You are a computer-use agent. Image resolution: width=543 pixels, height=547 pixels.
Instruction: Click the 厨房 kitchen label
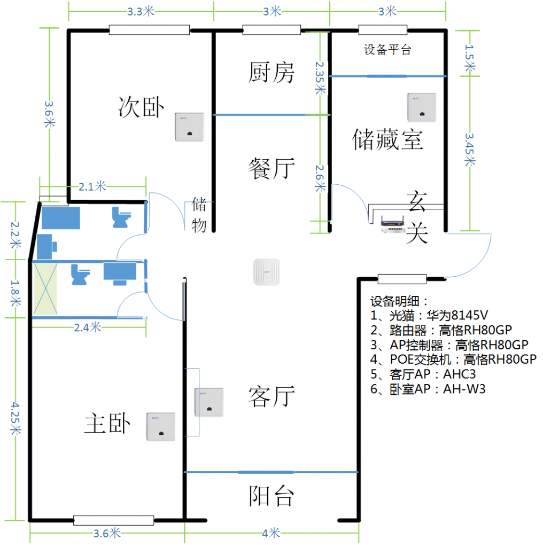[x=271, y=72]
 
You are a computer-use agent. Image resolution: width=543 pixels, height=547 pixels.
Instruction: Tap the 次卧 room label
[x=141, y=107]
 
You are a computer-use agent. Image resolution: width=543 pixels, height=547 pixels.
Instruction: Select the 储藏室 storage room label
[x=387, y=139]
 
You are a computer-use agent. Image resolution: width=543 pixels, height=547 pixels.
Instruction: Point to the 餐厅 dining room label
[x=271, y=168]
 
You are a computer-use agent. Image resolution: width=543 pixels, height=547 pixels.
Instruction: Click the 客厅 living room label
[x=271, y=396]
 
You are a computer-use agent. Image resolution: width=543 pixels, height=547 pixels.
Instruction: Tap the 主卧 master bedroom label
[x=107, y=423]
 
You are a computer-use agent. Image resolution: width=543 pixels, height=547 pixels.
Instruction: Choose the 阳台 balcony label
[x=271, y=496]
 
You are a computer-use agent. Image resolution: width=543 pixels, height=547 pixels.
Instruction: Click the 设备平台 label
[x=387, y=50]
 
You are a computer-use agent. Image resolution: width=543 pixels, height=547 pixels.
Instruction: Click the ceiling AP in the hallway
[x=267, y=272]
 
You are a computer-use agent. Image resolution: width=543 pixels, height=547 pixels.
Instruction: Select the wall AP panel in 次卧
[x=189, y=127]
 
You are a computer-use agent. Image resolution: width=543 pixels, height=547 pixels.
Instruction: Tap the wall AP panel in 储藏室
[x=422, y=107]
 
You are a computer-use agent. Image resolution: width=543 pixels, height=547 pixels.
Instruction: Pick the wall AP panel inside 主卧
[x=160, y=427]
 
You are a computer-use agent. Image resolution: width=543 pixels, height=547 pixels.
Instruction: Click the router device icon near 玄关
[x=393, y=224]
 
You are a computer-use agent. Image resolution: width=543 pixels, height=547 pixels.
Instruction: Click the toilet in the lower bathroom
[x=80, y=275]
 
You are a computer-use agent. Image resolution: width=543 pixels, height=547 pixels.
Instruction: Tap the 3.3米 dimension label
[x=141, y=12]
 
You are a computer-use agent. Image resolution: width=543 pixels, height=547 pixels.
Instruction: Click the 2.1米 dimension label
[x=92, y=186]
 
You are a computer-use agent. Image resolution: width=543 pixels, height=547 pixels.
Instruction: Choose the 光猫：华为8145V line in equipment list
[x=429, y=315]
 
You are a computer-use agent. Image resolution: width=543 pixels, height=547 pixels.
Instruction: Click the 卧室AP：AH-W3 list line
[x=428, y=389]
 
